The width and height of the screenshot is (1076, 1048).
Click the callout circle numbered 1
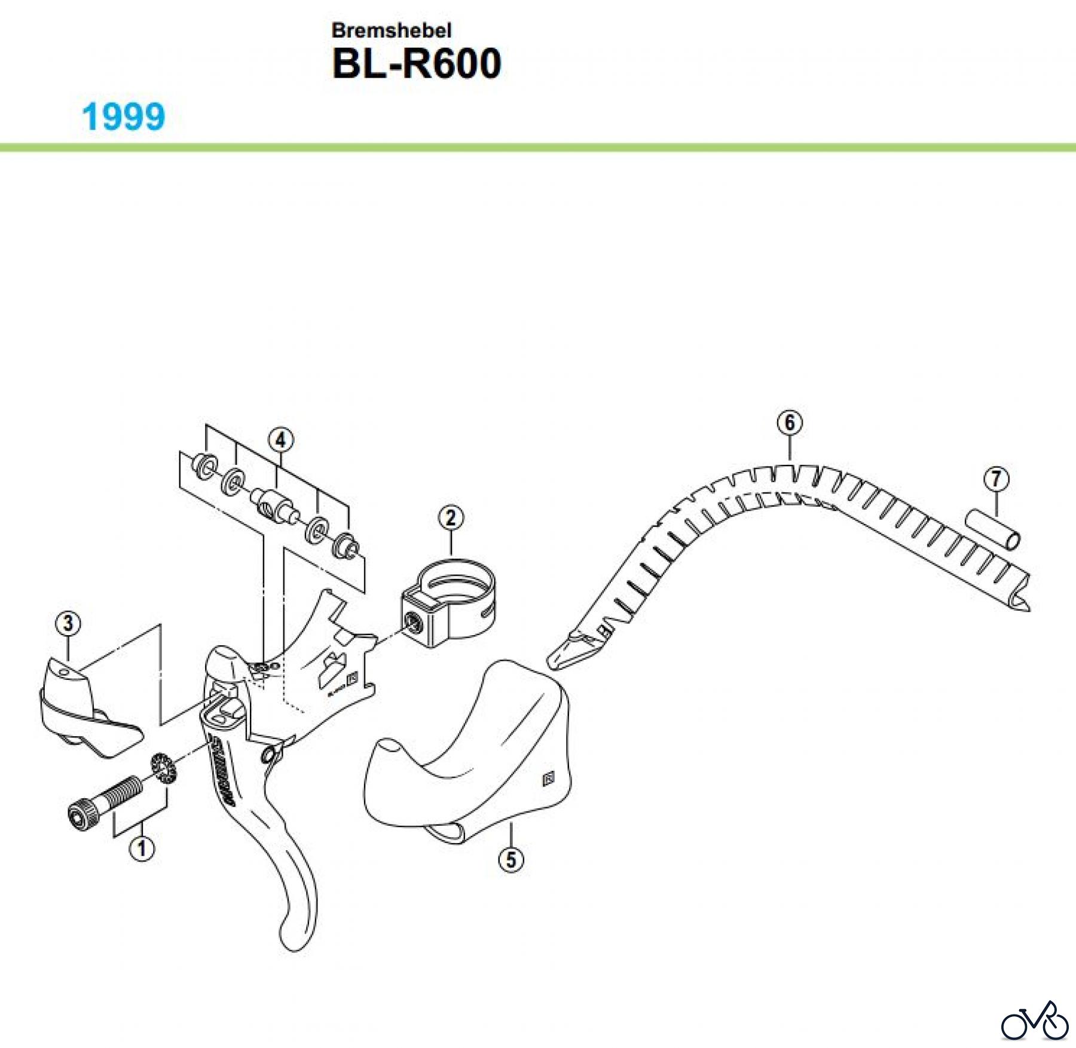click(x=142, y=848)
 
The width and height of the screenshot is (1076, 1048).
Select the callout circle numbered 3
click(x=68, y=623)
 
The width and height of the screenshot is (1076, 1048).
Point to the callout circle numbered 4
click(x=280, y=441)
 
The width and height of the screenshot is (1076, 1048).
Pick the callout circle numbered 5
click(x=511, y=860)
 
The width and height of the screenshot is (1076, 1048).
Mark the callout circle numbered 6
click(x=790, y=423)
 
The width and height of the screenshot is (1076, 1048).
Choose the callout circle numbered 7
click(x=996, y=479)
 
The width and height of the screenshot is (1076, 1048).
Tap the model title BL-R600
click(x=416, y=64)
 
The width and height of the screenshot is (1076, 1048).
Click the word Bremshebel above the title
click(x=392, y=30)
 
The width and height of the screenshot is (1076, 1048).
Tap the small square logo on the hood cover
click(x=548, y=779)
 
